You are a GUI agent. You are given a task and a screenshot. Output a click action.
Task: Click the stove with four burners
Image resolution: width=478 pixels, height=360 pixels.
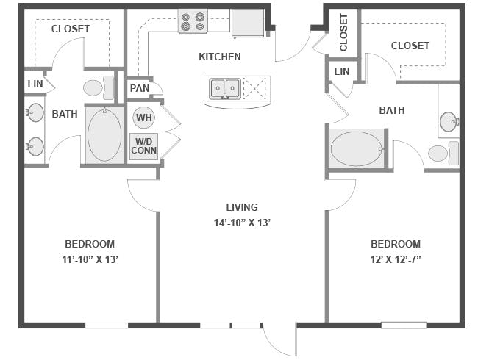(x=193, y=21)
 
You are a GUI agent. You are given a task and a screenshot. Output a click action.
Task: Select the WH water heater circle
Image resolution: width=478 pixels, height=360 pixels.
(x=143, y=118)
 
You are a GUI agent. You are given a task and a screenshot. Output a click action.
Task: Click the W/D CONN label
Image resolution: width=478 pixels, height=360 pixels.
(x=143, y=146)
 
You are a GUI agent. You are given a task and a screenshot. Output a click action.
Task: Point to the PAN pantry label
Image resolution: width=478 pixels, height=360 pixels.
(x=140, y=88)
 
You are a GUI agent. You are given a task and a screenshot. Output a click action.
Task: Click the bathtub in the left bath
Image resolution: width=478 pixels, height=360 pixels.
(x=104, y=134)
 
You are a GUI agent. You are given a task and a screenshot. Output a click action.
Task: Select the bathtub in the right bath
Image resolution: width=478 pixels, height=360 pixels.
(x=357, y=148)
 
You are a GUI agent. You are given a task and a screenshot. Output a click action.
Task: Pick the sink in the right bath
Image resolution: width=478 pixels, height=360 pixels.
(x=449, y=120)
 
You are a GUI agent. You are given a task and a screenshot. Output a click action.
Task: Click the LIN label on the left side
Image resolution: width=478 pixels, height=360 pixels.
(x=34, y=82)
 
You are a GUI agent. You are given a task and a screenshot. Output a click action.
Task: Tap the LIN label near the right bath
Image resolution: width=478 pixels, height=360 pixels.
(x=342, y=71)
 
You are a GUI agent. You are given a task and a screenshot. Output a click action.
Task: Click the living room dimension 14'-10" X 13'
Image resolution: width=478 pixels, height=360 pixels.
(x=242, y=223)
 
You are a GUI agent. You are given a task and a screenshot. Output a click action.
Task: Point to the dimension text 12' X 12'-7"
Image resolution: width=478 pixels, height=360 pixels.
(x=396, y=259)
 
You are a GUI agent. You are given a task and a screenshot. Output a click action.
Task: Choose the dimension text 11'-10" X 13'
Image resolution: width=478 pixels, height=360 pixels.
(x=90, y=259)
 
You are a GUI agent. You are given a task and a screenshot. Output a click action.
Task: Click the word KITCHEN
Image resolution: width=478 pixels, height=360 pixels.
(x=220, y=57)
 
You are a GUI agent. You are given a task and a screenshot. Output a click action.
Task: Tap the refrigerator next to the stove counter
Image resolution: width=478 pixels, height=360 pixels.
(x=248, y=22)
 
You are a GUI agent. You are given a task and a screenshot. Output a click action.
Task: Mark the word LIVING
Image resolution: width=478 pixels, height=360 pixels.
(x=242, y=207)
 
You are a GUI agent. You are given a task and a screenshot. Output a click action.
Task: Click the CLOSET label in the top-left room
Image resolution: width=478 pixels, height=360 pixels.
(x=71, y=29)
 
